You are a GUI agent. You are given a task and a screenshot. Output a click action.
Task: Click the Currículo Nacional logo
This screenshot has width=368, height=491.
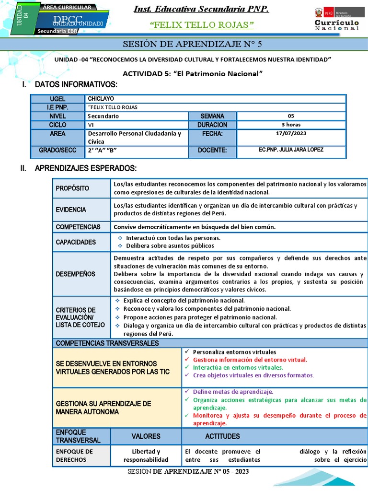tap(336, 19)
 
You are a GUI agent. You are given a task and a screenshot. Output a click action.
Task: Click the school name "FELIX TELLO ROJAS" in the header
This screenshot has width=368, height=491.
tap(202, 24)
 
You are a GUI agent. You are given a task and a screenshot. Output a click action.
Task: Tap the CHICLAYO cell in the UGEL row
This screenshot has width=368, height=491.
tap(101, 99)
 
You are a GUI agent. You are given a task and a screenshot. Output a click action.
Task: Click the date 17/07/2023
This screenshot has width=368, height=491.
tap(291, 133)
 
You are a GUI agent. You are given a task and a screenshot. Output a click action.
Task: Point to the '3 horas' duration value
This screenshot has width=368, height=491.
tap(291, 125)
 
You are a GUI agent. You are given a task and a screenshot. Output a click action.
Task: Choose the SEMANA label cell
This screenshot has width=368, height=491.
tap(212, 116)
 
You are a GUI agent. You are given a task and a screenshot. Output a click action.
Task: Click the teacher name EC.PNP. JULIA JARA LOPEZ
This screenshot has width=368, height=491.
tap(291, 150)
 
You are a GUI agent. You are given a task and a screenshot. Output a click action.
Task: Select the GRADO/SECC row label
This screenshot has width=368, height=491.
tap(57, 150)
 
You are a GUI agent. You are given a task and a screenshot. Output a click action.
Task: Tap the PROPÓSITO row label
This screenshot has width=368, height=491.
tap(73, 188)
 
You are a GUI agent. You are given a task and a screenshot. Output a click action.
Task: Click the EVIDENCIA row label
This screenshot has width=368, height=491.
tap(71, 210)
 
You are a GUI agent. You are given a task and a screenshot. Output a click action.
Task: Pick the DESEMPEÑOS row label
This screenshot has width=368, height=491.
tap(76, 274)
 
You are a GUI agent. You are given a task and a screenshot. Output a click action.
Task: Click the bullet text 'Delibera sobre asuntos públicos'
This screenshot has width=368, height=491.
tap(170, 245)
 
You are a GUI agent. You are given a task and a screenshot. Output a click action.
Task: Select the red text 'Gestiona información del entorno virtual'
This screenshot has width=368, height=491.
tap(250, 359)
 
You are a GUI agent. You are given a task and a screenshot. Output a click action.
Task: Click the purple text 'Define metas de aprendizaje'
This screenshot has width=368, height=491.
tap(233, 392)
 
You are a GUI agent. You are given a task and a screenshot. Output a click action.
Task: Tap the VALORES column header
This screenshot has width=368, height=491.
tap(146, 436)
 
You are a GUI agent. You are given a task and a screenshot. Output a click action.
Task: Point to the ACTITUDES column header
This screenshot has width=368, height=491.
tap(222, 436)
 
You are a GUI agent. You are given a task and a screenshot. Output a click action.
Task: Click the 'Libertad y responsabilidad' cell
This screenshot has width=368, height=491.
tap(146, 456)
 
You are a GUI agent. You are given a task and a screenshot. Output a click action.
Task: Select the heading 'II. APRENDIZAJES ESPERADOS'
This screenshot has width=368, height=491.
tap(85, 168)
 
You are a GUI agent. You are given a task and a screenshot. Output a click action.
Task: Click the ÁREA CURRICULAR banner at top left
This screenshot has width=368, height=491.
tap(67, 8)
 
